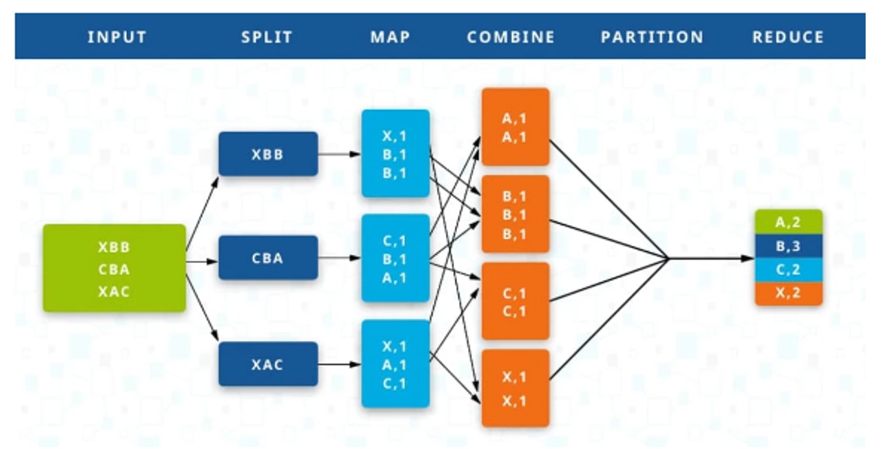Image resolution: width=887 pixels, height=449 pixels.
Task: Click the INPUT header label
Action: pyautogui.click(x=117, y=37)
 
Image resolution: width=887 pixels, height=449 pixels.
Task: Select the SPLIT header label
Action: pyautogui.click(x=267, y=37)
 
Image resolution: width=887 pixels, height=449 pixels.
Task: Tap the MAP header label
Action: pyautogui.click(x=390, y=37)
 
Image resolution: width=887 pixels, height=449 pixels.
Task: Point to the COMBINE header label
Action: pyautogui.click(x=511, y=37)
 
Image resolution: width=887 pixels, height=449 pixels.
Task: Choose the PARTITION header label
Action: pyautogui.click(x=652, y=37)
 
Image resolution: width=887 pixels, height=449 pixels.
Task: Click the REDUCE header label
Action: pyautogui.click(x=788, y=37)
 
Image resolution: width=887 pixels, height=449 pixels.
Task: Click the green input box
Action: pyautogui.click(x=114, y=269)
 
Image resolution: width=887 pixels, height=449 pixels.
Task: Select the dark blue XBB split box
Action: pyautogui.click(x=268, y=154)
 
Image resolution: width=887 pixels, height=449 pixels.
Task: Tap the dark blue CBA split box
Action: pyautogui.click(x=268, y=258)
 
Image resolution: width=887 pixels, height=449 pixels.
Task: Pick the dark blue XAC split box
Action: pyautogui.click(x=268, y=364)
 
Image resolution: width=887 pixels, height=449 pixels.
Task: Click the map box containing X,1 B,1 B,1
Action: pyautogui.click(x=395, y=154)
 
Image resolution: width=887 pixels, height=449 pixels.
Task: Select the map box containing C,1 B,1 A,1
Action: pyautogui.click(x=395, y=258)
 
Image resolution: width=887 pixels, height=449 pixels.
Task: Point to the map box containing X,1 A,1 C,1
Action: pyautogui.click(x=395, y=364)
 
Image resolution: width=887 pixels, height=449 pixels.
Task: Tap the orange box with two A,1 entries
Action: pyautogui.click(x=515, y=127)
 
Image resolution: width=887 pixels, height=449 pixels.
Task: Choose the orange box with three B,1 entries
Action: pyautogui.click(x=515, y=214)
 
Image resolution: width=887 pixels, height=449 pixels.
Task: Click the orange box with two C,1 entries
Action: pyautogui.click(x=515, y=302)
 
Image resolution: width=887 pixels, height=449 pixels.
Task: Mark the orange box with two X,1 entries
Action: pyautogui.click(x=515, y=388)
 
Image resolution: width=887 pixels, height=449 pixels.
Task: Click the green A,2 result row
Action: pyautogui.click(x=788, y=222)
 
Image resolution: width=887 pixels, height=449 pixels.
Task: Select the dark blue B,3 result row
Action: pyautogui.click(x=788, y=246)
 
